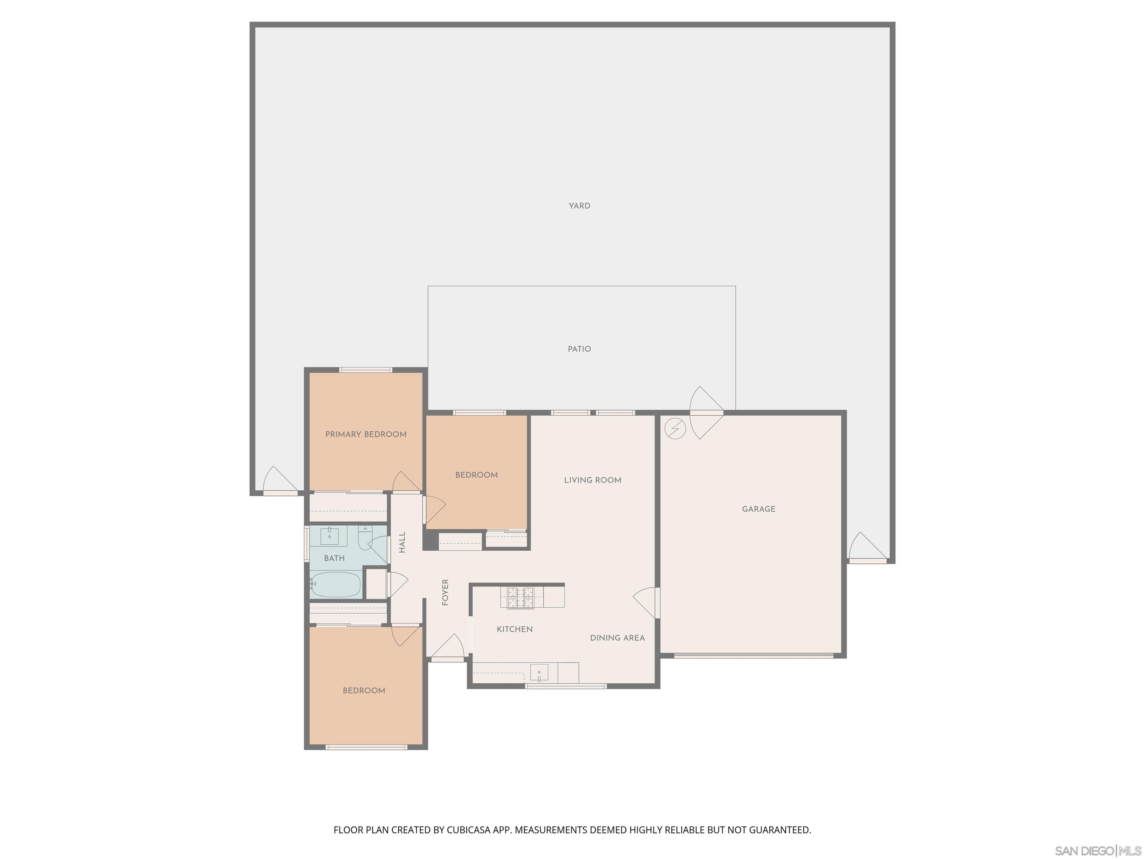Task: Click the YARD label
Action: pos(579,205)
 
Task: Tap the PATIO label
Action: pos(579,349)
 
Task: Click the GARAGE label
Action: pos(758,509)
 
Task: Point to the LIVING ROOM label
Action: pos(592,480)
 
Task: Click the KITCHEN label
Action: pos(514,629)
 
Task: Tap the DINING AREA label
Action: pos(617,638)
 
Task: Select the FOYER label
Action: pos(445,592)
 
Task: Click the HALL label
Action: pos(402,542)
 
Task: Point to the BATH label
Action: pos(334,558)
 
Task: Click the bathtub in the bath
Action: pos(335,584)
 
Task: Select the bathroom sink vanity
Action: pos(330,536)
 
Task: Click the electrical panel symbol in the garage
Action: pos(675,429)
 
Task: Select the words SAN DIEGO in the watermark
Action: pos(1084,851)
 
